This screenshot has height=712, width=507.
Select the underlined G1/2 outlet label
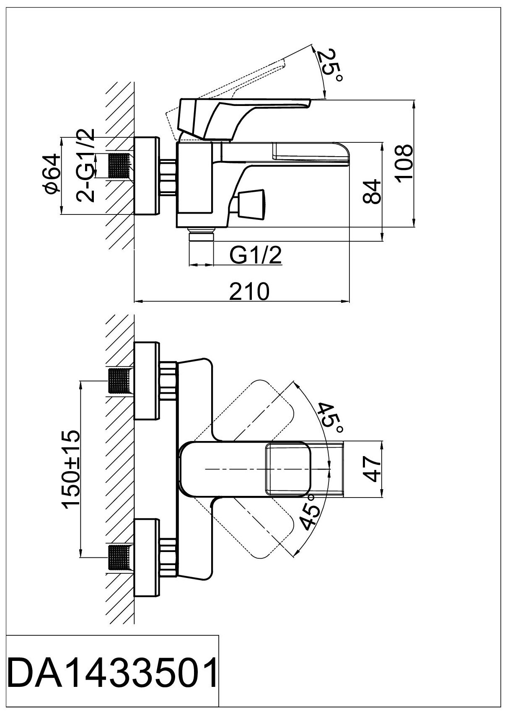[x=256, y=255]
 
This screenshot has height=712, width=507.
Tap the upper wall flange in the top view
[x=146, y=381]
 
